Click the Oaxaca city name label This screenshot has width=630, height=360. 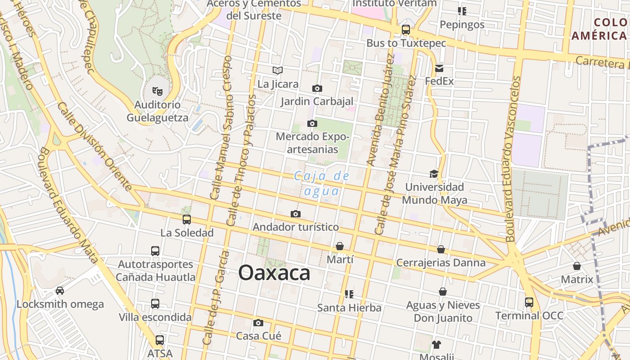pos(274,273)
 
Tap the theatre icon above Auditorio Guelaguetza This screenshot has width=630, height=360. pos(157,91)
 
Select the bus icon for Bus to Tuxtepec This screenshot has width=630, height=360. pos(405,30)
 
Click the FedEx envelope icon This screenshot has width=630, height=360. pos(439,68)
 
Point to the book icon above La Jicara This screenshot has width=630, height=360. pos(278,70)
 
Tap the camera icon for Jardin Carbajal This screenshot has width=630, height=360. pos(317,88)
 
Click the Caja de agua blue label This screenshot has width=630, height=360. pos(321,183)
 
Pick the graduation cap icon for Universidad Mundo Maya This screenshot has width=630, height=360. pos(434,174)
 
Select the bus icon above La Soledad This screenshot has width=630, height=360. pos(186,220)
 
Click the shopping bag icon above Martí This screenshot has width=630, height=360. pos(340,246)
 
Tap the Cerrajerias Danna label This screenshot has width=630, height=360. pos(441,263)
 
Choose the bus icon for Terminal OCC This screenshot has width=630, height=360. pos(529,302)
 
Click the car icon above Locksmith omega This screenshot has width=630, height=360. pos(60,291)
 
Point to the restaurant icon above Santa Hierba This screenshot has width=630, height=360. pos(349,294)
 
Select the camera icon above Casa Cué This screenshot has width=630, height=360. pos(258,323)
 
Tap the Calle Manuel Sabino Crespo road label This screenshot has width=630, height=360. pos(221,128)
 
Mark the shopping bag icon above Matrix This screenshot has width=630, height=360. pos(577,266)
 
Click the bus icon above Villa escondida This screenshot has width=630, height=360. pos(155,304)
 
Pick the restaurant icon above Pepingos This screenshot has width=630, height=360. pos(462,11)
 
